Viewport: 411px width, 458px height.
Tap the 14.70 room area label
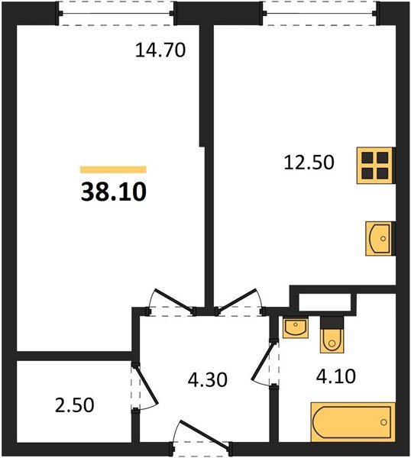[x=161, y=51]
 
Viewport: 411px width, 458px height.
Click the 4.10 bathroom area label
[x=332, y=376]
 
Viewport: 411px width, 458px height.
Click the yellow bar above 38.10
[x=113, y=169]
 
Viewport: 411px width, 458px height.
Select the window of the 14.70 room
[x=118, y=13]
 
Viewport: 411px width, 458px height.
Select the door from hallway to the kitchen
[x=238, y=301]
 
